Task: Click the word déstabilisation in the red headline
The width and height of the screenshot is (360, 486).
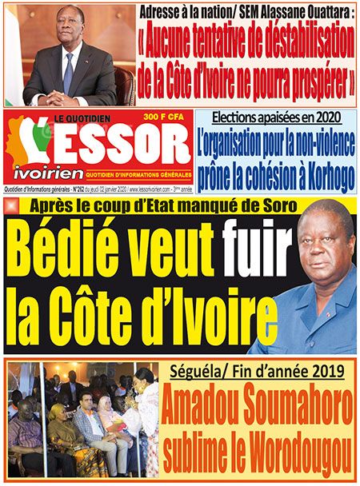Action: (x=290, y=38)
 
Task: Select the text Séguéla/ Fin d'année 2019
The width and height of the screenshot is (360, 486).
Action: (x=257, y=372)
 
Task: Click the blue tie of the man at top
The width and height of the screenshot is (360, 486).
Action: (x=69, y=71)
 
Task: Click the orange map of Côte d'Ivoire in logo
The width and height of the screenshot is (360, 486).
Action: (x=22, y=144)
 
